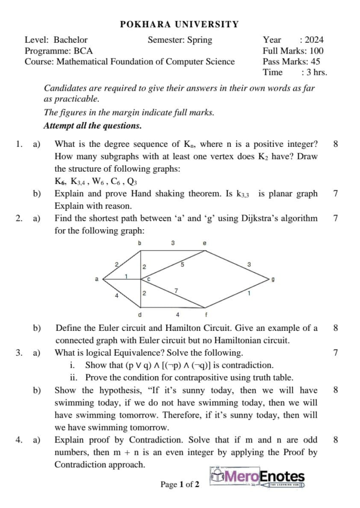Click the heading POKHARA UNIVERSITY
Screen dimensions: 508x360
tap(179, 24)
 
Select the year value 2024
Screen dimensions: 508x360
tap(314, 40)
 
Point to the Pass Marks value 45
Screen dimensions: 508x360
tap(314, 62)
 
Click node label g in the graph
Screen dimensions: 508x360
tap(273, 279)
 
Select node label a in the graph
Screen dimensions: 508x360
tap(97, 279)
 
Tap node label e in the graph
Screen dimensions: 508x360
tap(205, 244)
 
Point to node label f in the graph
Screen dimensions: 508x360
tap(206, 315)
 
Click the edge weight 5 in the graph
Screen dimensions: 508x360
tap(182, 265)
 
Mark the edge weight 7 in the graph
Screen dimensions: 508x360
tap(176, 290)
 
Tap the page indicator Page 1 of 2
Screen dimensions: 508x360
tap(180, 484)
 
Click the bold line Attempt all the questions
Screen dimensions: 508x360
tap(93, 126)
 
